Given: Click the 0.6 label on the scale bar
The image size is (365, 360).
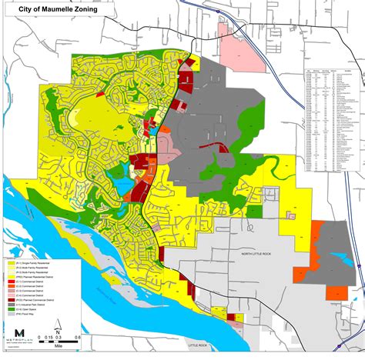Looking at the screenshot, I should click(x=79, y=338).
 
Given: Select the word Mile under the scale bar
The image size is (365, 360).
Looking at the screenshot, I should click(x=59, y=345).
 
